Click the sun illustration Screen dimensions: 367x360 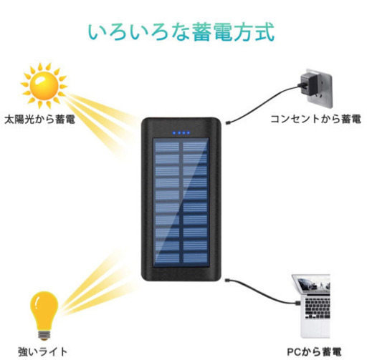click(44, 86)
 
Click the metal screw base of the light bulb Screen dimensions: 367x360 click(44, 334)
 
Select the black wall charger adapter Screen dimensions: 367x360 click(308, 84)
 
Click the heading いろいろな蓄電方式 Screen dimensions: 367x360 click(181, 32)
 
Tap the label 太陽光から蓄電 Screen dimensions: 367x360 click(39, 119)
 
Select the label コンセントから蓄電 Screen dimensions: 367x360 click(315, 119)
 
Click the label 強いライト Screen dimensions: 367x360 click(43, 351)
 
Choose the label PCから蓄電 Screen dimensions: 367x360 click(314, 352)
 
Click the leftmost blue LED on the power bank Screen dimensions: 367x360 click(174, 133)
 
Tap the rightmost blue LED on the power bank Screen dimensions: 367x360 click(189, 133)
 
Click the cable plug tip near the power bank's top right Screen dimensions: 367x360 click(227, 123)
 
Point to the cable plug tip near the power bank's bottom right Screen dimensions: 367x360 click(227, 280)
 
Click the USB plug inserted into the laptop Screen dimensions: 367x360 click(297, 303)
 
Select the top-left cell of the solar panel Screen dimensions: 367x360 click(167, 146)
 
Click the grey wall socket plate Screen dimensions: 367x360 click(320, 91)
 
